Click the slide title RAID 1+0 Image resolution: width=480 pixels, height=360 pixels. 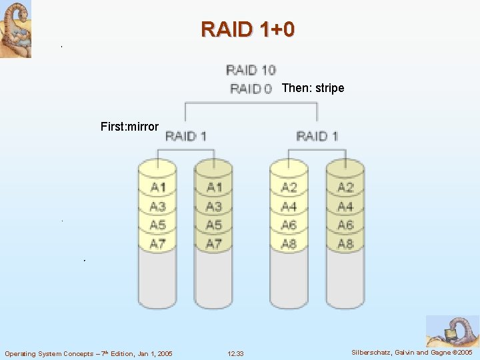(247, 29)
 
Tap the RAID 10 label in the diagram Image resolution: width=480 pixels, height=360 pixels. (251, 69)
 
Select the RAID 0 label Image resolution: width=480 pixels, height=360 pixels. (251, 88)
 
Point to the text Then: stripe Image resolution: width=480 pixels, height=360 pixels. (313, 88)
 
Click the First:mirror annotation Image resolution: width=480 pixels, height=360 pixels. (129, 126)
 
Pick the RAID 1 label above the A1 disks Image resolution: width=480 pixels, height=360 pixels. (185, 136)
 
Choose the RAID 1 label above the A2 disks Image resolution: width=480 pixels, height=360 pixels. (317, 136)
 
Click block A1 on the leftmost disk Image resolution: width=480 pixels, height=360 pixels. (158, 187)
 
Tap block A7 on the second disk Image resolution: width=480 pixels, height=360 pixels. (214, 244)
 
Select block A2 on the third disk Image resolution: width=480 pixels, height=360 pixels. (289, 187)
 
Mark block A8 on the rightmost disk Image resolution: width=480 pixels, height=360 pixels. (345, 244)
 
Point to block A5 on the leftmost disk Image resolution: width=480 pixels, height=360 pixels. (158, 225)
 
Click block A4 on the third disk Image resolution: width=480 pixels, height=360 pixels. (289, 207)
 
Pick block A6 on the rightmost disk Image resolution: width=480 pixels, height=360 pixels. (345, 225)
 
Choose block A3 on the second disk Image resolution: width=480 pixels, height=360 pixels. (214, 207)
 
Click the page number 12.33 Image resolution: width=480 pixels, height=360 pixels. (235, 353)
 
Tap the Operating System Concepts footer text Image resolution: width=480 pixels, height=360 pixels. (89, 353)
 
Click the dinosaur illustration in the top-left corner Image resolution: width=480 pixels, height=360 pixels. (15, 29)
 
